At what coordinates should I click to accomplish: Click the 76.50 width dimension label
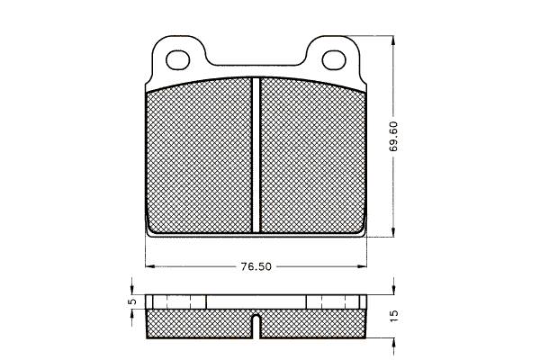[256, 266]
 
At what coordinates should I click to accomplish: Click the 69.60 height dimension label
[393, 137]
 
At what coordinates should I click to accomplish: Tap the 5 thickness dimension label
[132, 301]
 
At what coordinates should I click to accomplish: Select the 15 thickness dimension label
[395, 316]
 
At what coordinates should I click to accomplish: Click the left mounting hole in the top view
[177, 60]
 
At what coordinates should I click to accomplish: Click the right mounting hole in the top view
[334, 60]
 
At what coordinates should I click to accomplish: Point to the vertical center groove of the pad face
[256, 155]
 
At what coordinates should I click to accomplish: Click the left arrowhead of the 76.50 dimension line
[149, 266]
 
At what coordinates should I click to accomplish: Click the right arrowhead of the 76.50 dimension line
[362, 266]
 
